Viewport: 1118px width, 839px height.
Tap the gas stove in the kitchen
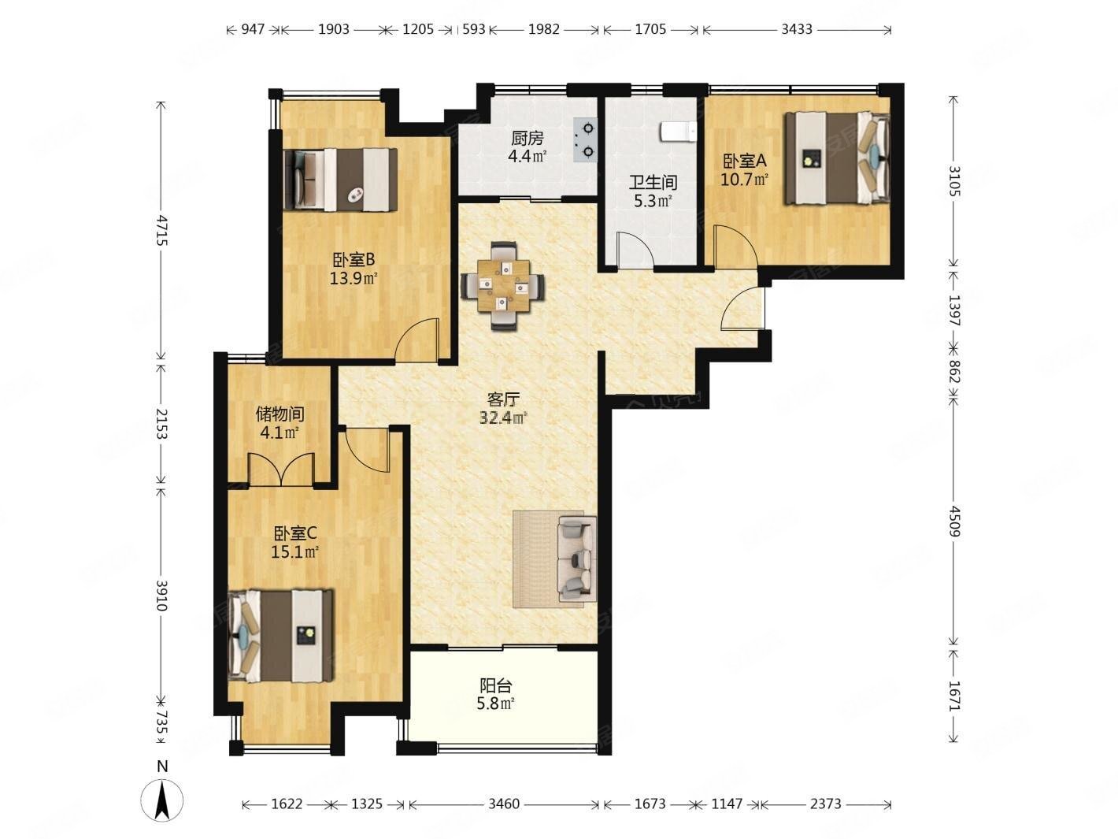585,139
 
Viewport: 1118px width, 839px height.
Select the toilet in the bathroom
678,131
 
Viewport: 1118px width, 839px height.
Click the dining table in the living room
503,286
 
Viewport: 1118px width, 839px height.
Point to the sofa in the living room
577,559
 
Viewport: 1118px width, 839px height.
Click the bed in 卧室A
837,158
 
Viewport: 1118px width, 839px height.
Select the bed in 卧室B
340,179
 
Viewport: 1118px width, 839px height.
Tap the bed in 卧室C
280,636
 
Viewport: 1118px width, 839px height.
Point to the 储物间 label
279,414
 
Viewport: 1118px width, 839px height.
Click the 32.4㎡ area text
503,418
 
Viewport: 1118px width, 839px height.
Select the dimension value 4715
161,230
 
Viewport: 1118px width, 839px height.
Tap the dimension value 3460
504,804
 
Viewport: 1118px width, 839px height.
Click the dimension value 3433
797,29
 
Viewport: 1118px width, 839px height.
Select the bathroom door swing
634,249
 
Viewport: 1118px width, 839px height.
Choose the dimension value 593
474,29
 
